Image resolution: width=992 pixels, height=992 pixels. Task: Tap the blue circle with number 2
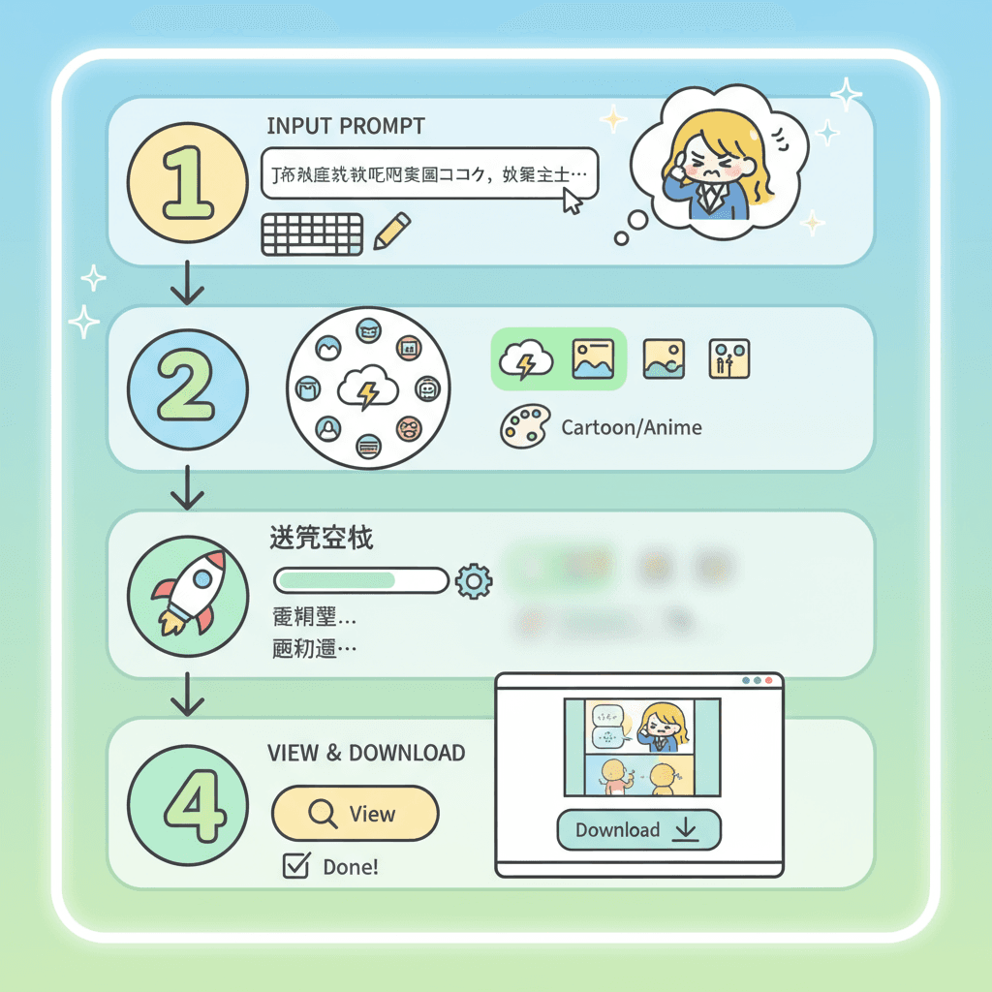tap(187, 387)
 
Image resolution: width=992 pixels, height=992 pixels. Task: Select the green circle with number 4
tap(187, 803)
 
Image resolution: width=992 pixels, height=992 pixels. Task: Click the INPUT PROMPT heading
tap(345, 127)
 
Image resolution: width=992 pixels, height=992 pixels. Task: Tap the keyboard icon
tap(312, 234)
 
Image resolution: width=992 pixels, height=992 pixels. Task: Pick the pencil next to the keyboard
tap(391, 232)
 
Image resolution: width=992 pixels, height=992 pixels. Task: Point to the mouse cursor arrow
tap(573, 201)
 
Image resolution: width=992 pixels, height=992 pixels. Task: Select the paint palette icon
tap(523, 426)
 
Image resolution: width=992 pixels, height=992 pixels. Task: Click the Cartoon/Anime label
tap(632, 427)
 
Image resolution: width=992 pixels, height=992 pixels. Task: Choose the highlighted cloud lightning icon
tap(526, 359)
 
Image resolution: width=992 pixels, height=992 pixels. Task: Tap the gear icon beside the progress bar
tap(474, 580)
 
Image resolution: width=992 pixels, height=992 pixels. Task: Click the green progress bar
tap(361, 580)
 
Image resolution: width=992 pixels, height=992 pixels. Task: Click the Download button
tap(638, 830)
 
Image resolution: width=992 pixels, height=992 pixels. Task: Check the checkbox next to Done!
tap(294, 866)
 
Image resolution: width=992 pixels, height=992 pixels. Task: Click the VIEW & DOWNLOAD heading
tap(365, 753)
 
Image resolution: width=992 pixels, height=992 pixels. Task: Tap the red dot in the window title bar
tap(769, 681)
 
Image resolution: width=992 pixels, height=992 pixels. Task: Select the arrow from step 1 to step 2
tap(186, 283)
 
